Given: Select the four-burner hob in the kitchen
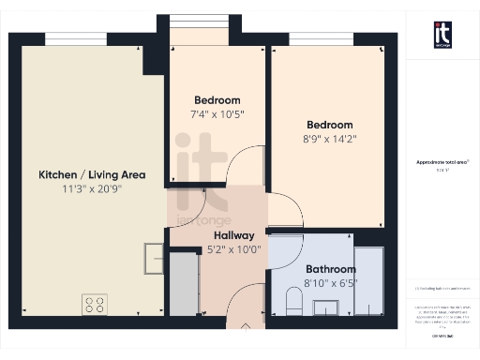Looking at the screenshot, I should pos(95,304).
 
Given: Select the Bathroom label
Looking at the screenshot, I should pos(330,268).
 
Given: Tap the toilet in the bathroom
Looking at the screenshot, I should pos(292,302).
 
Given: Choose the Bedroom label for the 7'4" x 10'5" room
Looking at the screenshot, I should pos(217,100).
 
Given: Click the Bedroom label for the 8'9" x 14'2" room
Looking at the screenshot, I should pos(330,125).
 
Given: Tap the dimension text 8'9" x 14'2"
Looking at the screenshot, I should pos(330,138).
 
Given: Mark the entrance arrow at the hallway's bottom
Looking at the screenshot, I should pos(246,327).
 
